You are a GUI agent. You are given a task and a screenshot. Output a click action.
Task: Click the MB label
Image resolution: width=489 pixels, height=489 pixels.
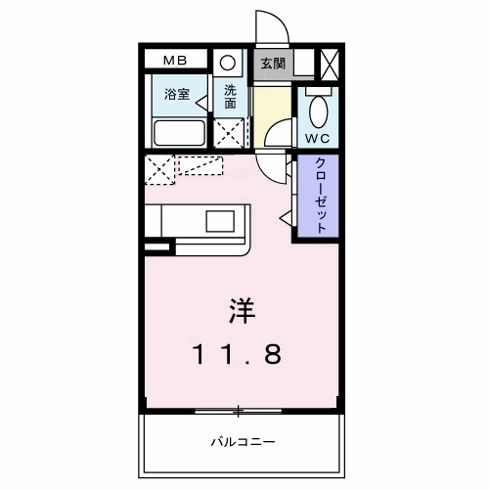point(175,61)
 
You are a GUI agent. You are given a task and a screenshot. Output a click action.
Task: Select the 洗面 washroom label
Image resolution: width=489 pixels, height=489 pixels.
point(231,97)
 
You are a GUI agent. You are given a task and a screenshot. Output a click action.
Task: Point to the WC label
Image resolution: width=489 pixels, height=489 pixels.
point(319,137)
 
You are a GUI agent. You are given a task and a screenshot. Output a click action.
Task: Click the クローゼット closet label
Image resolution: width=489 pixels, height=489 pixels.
point(320,195)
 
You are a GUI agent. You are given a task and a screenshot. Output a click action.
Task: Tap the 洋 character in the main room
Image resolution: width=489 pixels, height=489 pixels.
point(243,311)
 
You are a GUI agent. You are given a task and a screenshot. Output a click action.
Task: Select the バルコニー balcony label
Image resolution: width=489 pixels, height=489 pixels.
point(243,441)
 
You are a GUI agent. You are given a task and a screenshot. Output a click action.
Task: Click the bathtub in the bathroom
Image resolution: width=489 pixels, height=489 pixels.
point(178,132)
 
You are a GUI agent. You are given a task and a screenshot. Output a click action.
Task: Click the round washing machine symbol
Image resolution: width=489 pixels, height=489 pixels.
point(227,62)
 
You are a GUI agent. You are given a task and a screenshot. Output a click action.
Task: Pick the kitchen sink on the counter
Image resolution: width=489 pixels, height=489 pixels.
point(220,221)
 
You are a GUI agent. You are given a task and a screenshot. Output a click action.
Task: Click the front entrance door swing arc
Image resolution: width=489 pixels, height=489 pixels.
point(267,25)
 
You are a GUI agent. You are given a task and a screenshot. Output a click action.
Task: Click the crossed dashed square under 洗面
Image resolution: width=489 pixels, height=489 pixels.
point(230,132)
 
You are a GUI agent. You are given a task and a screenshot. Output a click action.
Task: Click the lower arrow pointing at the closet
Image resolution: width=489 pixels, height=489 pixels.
point(286,215)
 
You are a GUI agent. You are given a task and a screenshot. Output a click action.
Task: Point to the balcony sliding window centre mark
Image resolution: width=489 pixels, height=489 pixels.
point(237,409)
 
